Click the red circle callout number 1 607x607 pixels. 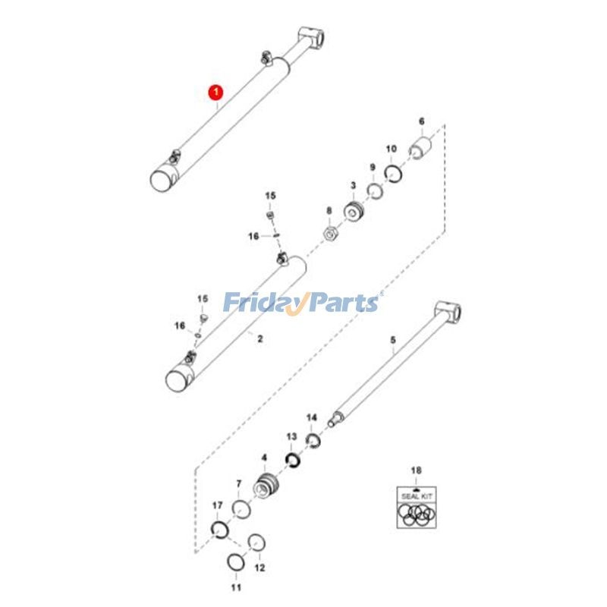(x=216, y=93)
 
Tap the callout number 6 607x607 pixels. (x=422, y=121)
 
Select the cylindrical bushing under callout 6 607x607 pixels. (x=420, y=148)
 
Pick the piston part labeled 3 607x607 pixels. (x=354, y=212)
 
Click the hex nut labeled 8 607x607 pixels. (x=331, y=234)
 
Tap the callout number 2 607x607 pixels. (x=260, y=338)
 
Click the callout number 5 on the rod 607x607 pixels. (x=393, y=340)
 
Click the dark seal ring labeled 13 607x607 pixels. (x=293, y=460)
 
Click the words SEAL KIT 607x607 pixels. (x=417, y=496)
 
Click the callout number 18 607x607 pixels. (x=416, y=470)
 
